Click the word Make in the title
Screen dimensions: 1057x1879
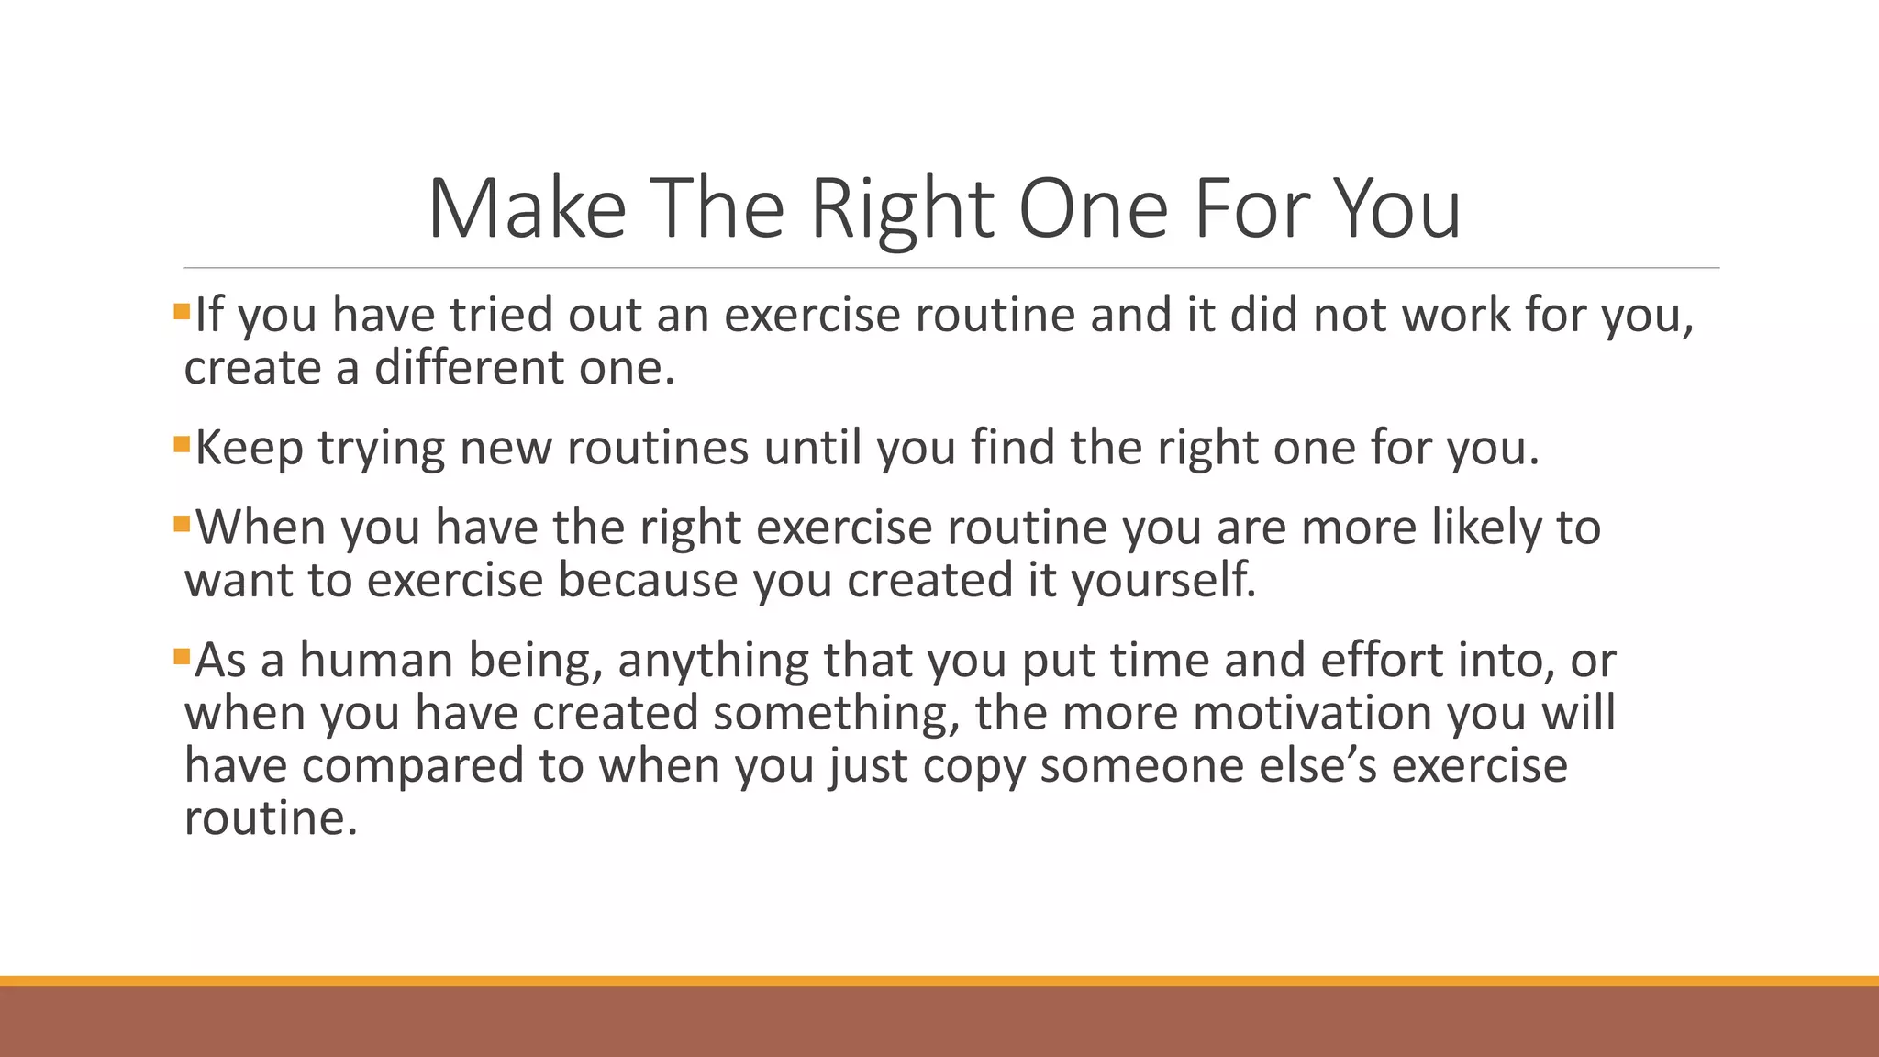click(x=527, y=209)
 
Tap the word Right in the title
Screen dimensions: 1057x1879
click(x=902, y=209)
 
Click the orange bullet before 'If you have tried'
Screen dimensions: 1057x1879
click(x=181, y=312)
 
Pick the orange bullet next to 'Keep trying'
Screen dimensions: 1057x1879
click(x=181, y=446)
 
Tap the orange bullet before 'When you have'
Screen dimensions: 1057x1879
click(x=181, y=525)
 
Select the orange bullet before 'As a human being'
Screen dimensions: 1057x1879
click(x=181, y=657)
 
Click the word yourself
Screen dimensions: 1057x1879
click(x=1163, y=581)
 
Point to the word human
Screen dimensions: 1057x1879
click(x=376, y=661)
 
